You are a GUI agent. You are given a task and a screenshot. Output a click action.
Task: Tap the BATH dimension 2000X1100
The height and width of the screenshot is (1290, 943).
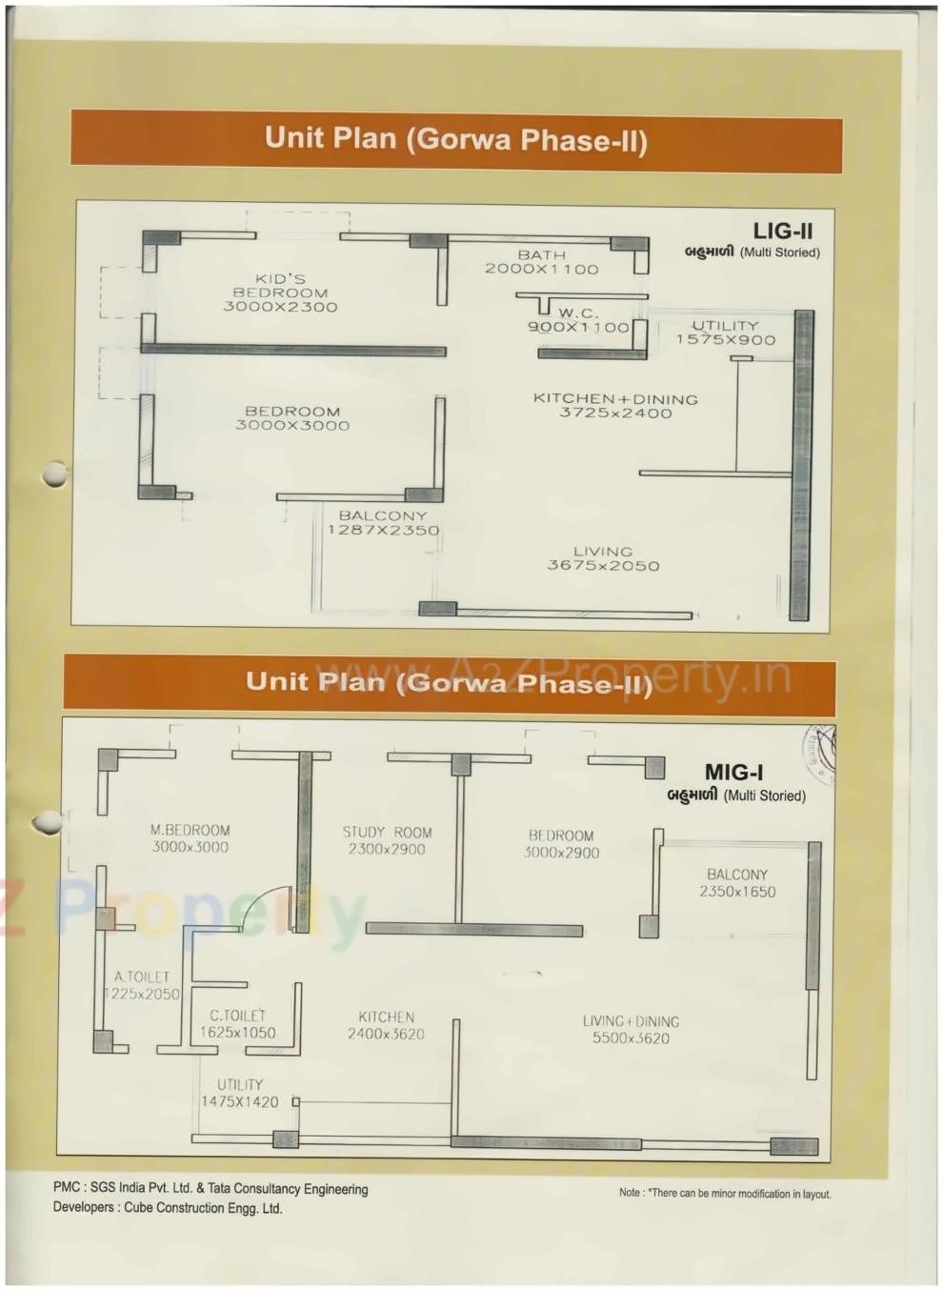(x=541, y=270)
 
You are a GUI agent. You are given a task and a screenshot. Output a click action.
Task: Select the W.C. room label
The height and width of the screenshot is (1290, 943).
(x=578, y=312)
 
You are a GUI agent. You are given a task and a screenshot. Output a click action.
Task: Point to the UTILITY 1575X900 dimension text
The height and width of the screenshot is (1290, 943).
(x=725, y=340)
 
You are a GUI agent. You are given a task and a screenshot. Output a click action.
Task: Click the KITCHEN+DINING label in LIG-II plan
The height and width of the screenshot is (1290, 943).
(x=615, y=399)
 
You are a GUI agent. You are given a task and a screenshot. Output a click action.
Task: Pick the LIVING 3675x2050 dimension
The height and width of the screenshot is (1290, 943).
(x=603, y=566)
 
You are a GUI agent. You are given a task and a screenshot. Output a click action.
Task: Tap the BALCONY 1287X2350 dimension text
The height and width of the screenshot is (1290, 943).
(x=383, y=531)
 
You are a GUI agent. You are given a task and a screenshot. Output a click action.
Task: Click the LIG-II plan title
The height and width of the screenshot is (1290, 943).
(x=782, y=231)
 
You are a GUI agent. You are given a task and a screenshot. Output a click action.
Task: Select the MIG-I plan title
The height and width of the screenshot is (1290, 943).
(x=733, y=773)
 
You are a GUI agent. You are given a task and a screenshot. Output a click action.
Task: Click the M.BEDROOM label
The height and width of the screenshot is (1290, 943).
(x=190, y=831)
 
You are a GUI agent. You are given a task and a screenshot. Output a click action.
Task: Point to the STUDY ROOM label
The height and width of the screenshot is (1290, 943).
(x=387, y=833)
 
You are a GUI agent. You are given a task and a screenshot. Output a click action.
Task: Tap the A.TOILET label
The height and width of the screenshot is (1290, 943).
(x=142, y=978)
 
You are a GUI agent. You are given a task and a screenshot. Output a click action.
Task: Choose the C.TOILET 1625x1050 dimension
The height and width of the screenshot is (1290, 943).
(x=237, y=1033)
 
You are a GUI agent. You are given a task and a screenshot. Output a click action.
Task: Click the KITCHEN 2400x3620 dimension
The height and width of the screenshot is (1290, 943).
(x=386, y=1035)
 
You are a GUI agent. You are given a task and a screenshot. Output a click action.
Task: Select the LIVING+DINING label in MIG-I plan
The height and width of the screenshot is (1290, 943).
(x=631, y=1022)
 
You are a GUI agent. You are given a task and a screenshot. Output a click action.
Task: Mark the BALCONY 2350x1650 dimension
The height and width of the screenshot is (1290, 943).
(x=737, y=892)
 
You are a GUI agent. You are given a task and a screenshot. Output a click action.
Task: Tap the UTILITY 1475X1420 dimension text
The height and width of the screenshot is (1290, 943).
(x=239, y=1102)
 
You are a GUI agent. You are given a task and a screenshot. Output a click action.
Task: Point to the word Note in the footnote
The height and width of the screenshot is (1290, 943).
(x=629, y=1193)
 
